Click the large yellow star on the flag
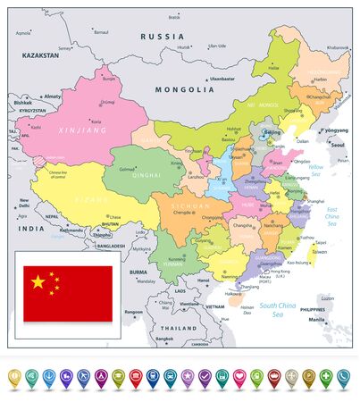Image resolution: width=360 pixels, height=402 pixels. [x=38, y=282]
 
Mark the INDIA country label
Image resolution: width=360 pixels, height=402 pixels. [x=22, y=229]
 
